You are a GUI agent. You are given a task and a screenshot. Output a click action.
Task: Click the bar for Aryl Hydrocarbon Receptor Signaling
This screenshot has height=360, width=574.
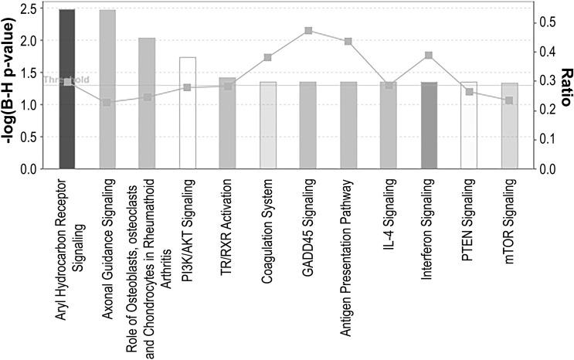pos(67,89)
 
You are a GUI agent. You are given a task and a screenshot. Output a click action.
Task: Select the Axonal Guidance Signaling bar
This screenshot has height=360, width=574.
pos(107,89)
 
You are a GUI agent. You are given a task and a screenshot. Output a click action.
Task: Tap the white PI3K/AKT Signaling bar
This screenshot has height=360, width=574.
pos(188,113)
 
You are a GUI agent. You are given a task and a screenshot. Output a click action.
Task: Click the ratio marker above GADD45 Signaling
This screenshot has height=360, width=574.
pos(308,31)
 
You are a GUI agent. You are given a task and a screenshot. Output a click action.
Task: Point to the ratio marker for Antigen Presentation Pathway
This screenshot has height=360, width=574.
pos(348,42)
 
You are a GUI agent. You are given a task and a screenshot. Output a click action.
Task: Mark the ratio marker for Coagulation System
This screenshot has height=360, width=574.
pos(268,57)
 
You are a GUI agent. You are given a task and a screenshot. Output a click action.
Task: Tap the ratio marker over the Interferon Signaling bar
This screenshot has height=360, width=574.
pos(429,56)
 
